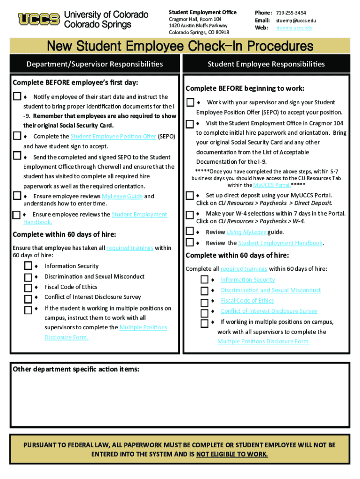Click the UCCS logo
(39, 19)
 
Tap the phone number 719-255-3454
(291, 12)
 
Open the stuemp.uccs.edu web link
(294, 28)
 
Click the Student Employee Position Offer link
(113, 136)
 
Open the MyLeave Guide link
(123, 196)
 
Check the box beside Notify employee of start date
(17, 97)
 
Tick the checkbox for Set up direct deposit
(190, 195)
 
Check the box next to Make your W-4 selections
(190, 214)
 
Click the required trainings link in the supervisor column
(130, 248)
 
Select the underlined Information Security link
(248, 280)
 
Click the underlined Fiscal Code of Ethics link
(247, 301)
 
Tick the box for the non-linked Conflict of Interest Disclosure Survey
(28, 298)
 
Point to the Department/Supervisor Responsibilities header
(94, 64)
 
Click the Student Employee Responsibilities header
(266, 64)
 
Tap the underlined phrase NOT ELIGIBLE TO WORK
(232, 454)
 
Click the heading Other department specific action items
(76, 369)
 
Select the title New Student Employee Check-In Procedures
(180, 46)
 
